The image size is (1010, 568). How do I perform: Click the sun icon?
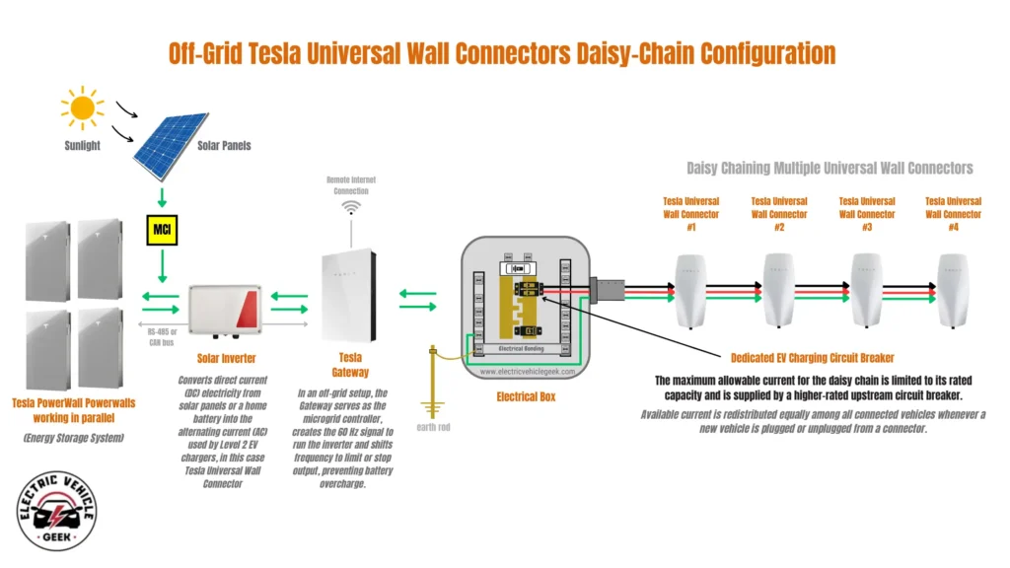(81, 106)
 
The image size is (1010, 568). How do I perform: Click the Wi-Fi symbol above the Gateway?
(350, 209)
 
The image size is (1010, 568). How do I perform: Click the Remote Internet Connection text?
(350, 184)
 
